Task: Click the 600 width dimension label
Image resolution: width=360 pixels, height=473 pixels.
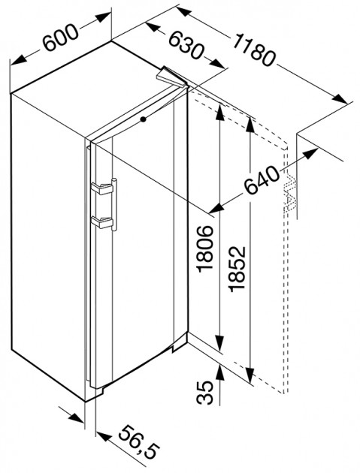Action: coord(60,37)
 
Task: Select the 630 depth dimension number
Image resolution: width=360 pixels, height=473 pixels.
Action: coord(185,44)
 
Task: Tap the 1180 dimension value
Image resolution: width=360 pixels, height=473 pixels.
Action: coord(253,49)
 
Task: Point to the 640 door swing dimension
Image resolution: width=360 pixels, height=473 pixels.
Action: coord(262,180)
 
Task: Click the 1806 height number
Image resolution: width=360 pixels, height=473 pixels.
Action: coord(206,249)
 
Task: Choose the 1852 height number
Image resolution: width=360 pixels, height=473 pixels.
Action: coord(237,269)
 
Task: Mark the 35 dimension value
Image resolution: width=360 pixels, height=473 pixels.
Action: coord(205,392)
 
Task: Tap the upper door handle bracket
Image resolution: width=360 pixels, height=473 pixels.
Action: coord(101,188)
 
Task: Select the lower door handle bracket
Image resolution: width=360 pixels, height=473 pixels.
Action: coord(101,222)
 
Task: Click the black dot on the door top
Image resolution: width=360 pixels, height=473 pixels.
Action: coord(143,119)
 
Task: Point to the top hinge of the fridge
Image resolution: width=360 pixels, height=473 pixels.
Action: coord(171,77)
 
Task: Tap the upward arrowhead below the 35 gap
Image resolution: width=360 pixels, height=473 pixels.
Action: coord(220,372)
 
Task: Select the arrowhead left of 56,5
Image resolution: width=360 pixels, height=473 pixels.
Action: coord(103,436)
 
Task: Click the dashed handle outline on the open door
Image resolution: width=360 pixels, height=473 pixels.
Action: coord(290,193)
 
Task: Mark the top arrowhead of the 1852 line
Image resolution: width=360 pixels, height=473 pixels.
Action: coord(250,125)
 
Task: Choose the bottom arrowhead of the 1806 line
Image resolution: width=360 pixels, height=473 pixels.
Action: coord(220,344)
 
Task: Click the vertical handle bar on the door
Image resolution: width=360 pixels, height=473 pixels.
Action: coord(114,204)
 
